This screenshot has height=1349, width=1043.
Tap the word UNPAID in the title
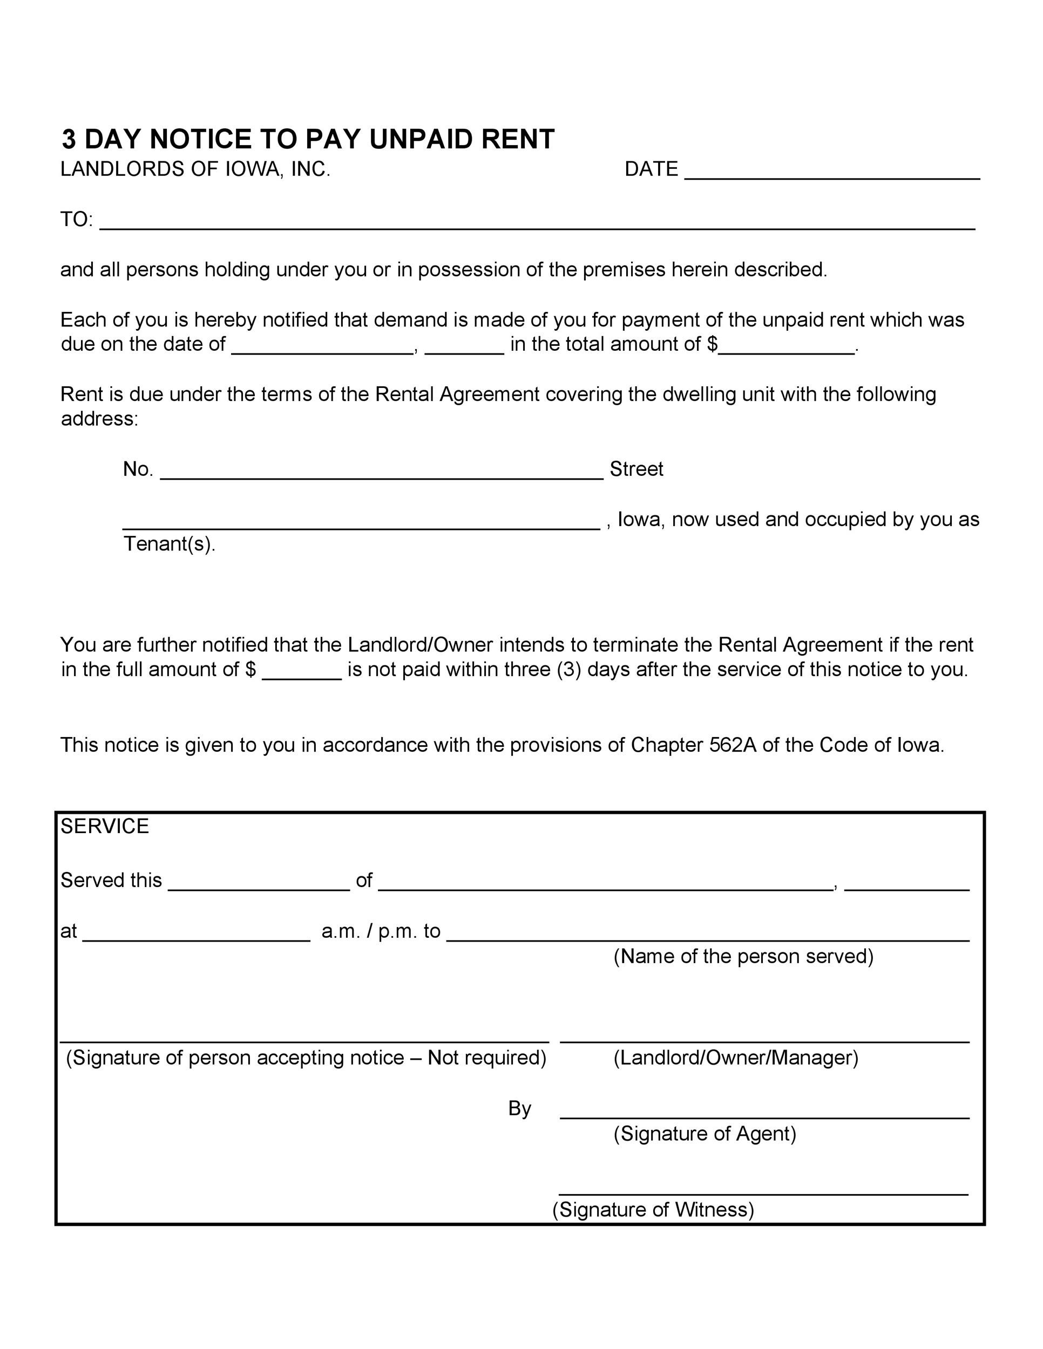click(x=422, y=139)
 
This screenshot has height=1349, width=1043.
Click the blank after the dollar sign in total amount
click(x=786, y=349)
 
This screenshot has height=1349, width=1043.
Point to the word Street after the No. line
click(x=636, y=469)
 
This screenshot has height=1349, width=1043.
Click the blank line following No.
click(x=381, y=473)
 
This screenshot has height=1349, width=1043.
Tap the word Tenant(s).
click(x=170, y=544)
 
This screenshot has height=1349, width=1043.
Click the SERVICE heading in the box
click(x=104, y=827)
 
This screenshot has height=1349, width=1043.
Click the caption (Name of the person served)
click(x=743, y=956)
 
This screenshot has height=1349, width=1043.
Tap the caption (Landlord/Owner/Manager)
click(x=735, y=1058)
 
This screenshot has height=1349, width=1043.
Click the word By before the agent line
click(x=519, y=1108)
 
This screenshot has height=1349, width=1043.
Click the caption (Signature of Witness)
click(x=653, y=1209)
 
